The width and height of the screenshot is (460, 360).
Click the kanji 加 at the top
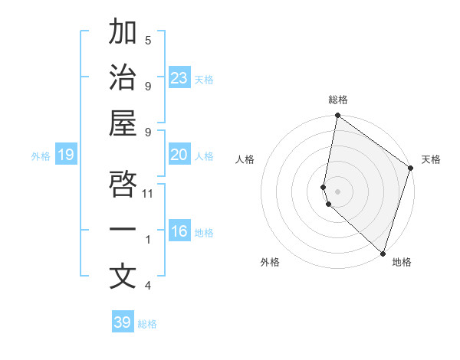tap(123, 33)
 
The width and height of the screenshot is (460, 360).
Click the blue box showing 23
tap(179, 78)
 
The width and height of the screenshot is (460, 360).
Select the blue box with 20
tap(179, 155)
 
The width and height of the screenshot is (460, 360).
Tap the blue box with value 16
tap(179, 231)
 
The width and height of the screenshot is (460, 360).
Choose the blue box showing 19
tap(66, 155)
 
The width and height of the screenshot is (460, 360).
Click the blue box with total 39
tap(123, 322)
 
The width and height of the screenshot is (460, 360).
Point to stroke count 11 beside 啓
tap(149, 193)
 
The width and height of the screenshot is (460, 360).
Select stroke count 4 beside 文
tap(148, 286)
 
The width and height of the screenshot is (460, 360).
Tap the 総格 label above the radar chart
tap(337, 100)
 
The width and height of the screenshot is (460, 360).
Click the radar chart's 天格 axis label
tap(431, 159)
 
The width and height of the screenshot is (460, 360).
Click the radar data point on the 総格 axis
tap(337, 116)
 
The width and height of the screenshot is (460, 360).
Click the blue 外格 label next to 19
tap(41, 155)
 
